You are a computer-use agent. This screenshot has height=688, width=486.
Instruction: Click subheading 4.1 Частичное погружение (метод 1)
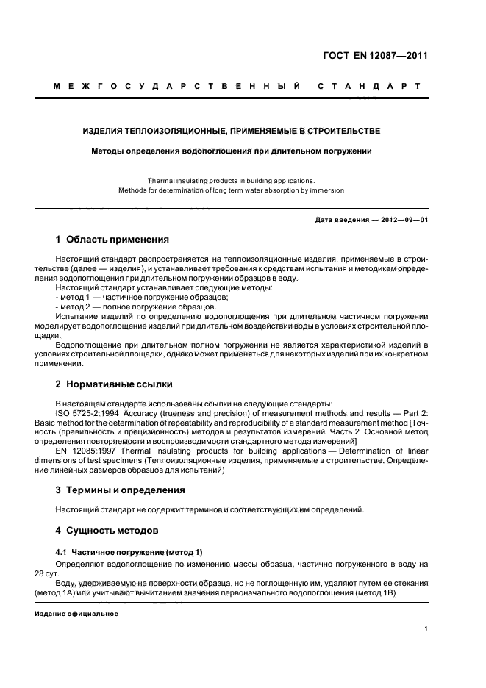tap(129, 552)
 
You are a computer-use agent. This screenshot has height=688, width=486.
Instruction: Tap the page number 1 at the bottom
tap(426, 628)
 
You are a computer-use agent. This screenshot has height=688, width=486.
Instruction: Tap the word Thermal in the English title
tap(161, 180)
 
